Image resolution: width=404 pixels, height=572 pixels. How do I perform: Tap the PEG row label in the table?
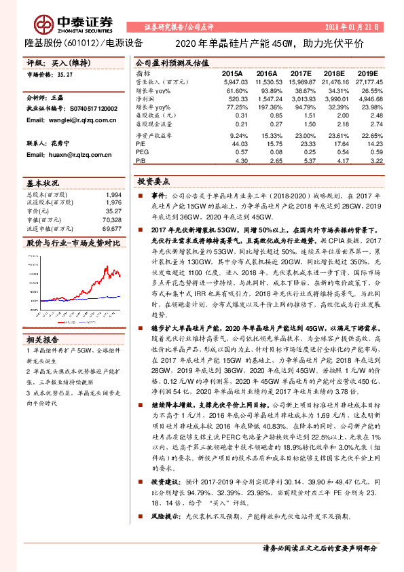click(142, 153)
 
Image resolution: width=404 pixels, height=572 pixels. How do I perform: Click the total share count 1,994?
click(115, 195)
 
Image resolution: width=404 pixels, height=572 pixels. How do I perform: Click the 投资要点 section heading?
click(153, 183)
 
